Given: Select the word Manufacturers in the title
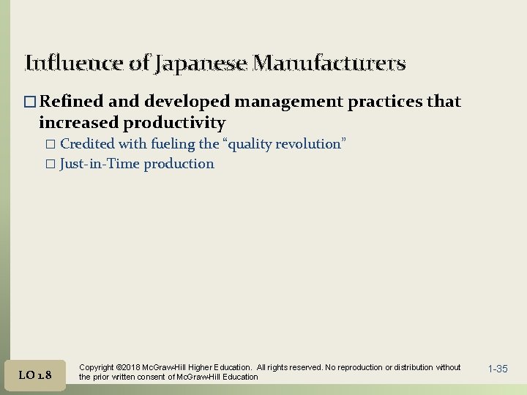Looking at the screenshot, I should point(329,64).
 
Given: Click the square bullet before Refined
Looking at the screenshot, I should point(30,102).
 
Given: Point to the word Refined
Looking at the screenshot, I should point(72,102).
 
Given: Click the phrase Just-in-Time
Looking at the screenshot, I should point(100,164).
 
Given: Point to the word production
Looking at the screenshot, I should point(179,164).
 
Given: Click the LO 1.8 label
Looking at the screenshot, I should point(34,375).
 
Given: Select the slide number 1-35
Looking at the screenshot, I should point(497,369).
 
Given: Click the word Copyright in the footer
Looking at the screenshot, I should point(96,367).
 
